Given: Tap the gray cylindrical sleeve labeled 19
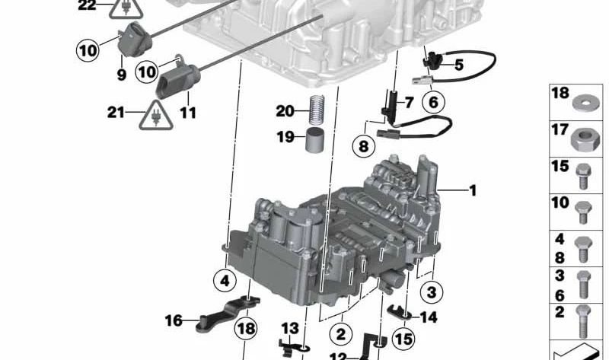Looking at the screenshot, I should pos(315,141).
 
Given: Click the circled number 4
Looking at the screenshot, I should pos(225,281).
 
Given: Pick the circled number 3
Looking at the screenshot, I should pos(432,292).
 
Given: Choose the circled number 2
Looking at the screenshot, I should pos(340,332).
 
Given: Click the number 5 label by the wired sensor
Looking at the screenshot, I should pos(458,65).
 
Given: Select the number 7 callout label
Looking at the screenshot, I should pos(408,102).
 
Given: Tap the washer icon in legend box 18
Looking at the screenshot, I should pos(585,100).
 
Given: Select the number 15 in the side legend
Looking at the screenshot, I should pos(560,165).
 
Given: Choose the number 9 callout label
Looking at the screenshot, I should pos(120,76).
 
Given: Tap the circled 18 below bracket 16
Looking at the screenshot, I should pos(246,329).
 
